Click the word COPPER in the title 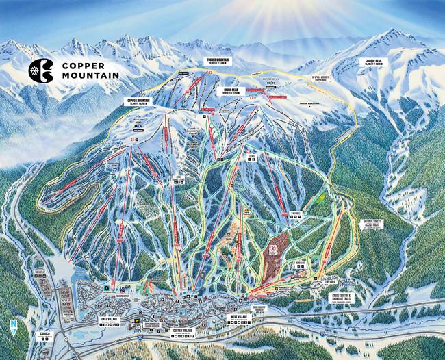click(85, 64)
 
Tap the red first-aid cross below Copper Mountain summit click(133, 142)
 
